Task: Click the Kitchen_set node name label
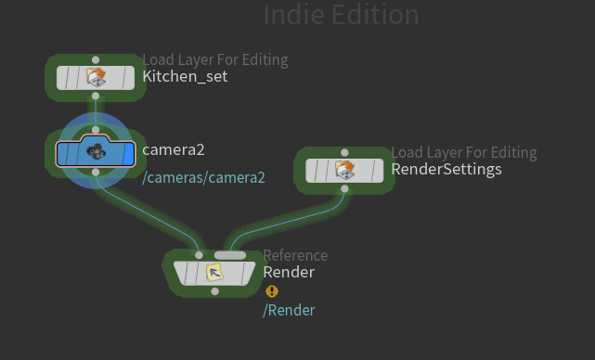tap(185, 77)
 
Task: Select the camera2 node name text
tap(174, 149)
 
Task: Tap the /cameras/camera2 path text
tap(203, 177)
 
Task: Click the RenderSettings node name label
tap(446, 169)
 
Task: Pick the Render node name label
tap(289, 273)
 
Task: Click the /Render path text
tap(289, 310)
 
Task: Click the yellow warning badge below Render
tap(272, 291)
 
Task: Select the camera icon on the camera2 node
tap(97, 151)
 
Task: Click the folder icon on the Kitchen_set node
tap(96, 77)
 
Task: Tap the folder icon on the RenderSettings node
tap(344, 170)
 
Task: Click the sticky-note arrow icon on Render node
tap(214, 273)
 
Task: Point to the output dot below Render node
tap(214, 291)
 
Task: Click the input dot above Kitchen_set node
tap(96, 60)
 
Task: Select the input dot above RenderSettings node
tap(344, 152)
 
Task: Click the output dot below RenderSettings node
tap(344, 188)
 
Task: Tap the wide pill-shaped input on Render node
tap(230, 255)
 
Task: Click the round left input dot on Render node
tap(199, 255)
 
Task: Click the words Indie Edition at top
tap(342, 15)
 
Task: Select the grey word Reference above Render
tap(295, 256)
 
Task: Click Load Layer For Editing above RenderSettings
tap(464, 152)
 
